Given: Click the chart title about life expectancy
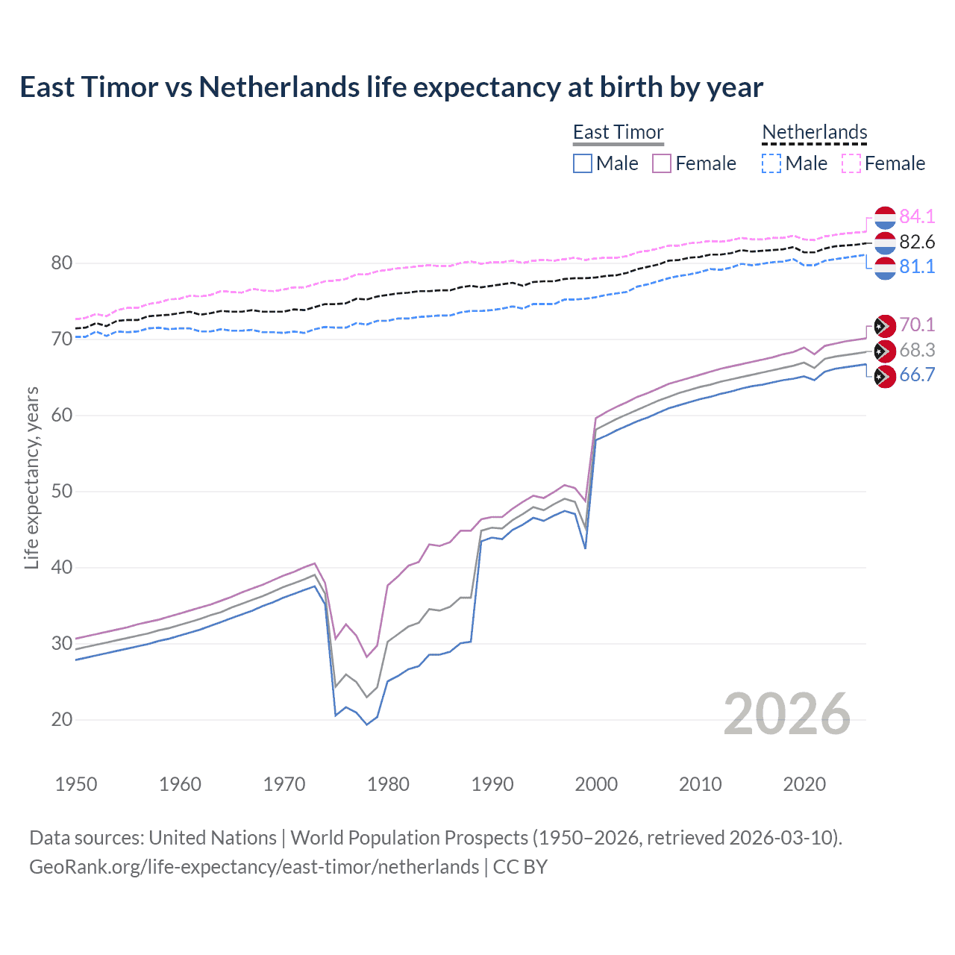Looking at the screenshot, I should (391, 87).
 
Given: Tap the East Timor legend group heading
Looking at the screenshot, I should (618, 132).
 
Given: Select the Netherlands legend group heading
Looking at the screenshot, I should (814, 132).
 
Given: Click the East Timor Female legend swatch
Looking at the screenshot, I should (662, 163).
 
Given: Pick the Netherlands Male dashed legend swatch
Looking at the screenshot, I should (771, 163).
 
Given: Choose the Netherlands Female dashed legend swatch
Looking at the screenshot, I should (851, 163).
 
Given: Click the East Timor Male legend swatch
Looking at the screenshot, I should (583, 163).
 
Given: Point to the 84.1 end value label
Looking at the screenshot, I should (917, 216).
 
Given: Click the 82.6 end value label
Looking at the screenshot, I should (917, 242).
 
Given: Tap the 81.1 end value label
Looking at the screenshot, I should (917, 266).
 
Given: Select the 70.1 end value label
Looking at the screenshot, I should (917, 325).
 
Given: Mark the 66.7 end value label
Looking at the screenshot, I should (917, 375).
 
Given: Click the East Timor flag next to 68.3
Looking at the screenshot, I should (884, 351).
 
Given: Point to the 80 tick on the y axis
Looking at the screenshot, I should (62, 263).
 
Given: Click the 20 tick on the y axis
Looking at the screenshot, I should (62, 719).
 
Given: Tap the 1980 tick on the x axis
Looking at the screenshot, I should (388, 784).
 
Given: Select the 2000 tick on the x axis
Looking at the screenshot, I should (596, 784).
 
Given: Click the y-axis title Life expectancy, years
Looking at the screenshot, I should (31, 477).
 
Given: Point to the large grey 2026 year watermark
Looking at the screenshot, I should (786, 714).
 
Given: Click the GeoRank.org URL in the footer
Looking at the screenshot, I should (254, 866).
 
